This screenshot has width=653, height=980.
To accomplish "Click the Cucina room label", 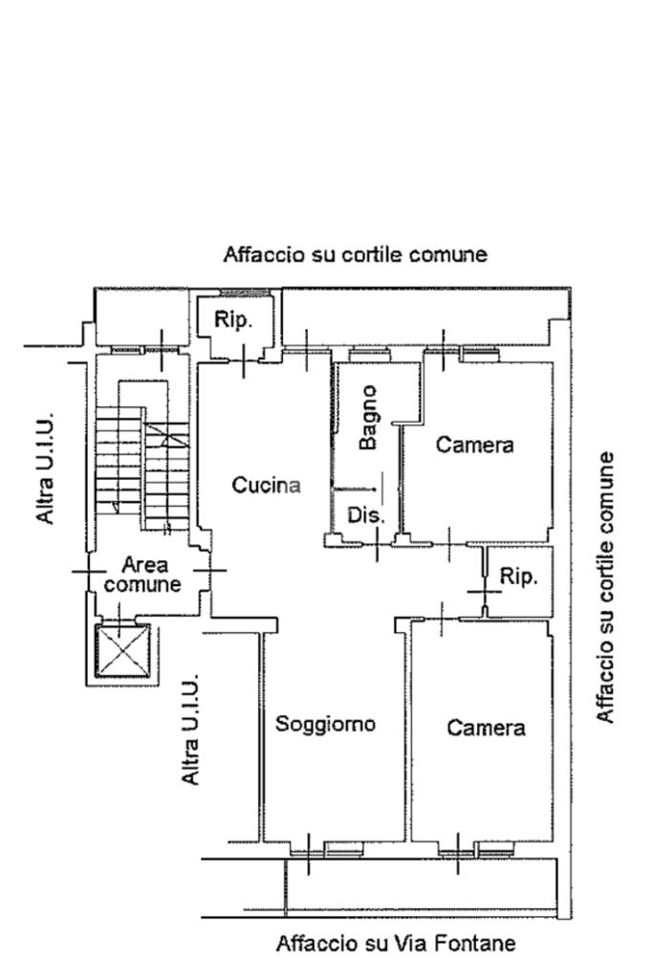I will click(266, 486).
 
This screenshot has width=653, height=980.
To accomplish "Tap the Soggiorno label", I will click(325, 724).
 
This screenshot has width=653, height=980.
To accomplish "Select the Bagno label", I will click(368, 417).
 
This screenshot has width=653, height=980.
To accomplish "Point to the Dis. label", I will click(366, 515).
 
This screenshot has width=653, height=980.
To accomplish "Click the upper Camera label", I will click(474, 445).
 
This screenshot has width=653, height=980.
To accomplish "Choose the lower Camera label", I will click(486, 728).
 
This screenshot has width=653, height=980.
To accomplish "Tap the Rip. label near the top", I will click(233, 320).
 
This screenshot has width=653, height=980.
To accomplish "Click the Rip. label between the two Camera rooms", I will click(519, 577).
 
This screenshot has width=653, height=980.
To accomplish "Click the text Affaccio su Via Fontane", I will click(396, 944).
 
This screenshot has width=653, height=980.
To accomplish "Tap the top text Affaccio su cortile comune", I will click(355, 254).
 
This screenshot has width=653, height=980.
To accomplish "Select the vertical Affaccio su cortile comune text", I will click(605, 587).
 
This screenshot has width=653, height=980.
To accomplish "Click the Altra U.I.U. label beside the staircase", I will click(45, 468).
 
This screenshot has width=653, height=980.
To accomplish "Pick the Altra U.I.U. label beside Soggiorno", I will click(191, 730).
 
